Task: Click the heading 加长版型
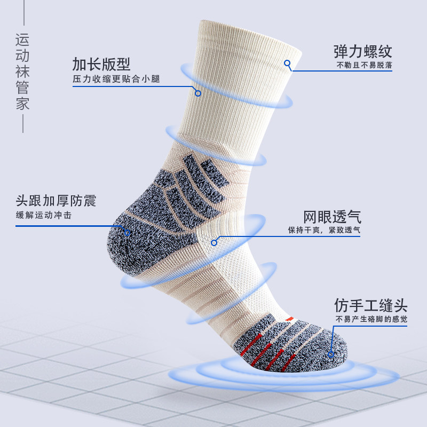point(101,64)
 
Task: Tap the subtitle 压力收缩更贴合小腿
point(116,80)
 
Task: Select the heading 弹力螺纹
point(363,51)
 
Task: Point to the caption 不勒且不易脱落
point(365,66)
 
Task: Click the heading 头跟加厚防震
point(56,201)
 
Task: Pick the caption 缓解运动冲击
point(43,216)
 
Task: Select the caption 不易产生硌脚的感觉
point(371,320)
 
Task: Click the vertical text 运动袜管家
point(22,72)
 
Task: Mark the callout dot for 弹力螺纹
point(287,63)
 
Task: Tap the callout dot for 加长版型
point(198,93)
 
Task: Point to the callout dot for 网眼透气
point(214,242)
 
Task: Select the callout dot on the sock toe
point(331,353)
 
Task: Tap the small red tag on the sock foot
point(290,319)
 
